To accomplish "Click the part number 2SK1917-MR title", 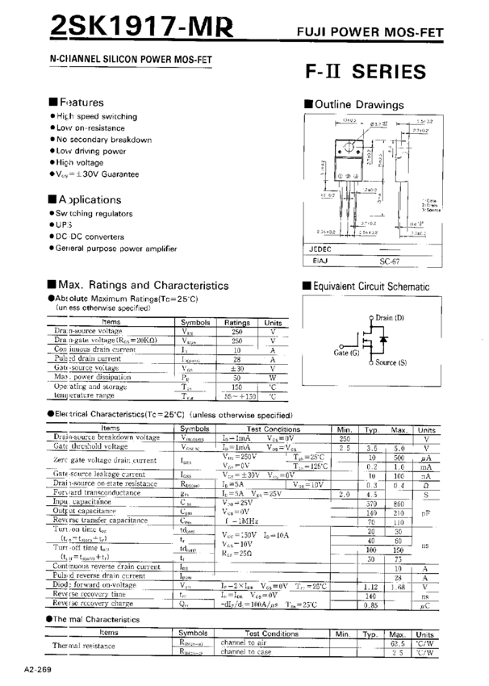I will pyautogui.click(x=142, y=27).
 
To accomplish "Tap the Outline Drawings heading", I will pyautogui.click(x=358, y=105).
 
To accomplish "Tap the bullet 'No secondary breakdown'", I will pyautogui.click(x=104, y=140).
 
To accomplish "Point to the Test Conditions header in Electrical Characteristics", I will pyautogui.click(x=273, y=429).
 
